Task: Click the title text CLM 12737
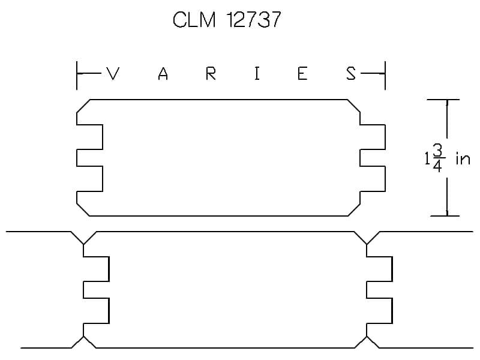coord(227,20)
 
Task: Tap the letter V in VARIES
coord(113,73)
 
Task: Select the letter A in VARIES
coord(163,74)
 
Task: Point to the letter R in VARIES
coord(211,74)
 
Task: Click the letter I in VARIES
coord(257,74)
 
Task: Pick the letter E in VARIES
coord(302,74)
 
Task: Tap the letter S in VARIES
coord(351,74)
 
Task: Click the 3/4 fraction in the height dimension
coord(437,158)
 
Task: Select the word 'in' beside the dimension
coord(463,158)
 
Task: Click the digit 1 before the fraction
coord(427,158)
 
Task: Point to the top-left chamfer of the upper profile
coord(83,106)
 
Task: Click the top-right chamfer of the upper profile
coord(354,106)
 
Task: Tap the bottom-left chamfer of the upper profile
coord(83,209)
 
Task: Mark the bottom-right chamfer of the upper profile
coord(354,209)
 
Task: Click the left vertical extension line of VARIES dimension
coord(77,76)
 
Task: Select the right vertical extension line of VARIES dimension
coord(385,76)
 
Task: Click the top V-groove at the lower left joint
coord(83,238)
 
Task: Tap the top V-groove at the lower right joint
coord(367,238)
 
